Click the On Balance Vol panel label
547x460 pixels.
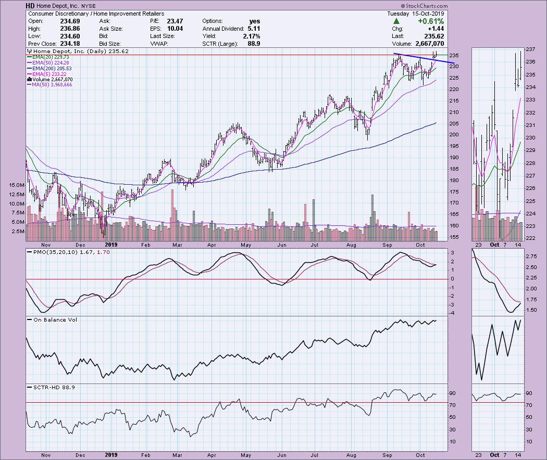pyautogui.click(x=53, y=320)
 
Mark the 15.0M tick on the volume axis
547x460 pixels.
pyautogui.click(x=16, y=185)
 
